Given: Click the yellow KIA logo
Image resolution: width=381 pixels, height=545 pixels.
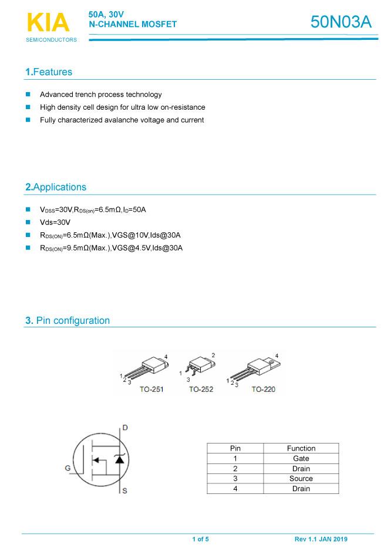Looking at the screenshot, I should coord(48,22).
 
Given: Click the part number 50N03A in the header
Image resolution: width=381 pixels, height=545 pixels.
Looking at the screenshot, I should coord(340,22).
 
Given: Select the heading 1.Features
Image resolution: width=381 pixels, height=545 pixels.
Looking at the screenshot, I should coord(49,72).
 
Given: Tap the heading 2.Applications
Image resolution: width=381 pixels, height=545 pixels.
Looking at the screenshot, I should coord(56,187).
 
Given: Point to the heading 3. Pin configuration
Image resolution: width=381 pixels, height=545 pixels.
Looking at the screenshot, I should coord(68,320).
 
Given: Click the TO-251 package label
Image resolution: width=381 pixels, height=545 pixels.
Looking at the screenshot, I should coord(151,389).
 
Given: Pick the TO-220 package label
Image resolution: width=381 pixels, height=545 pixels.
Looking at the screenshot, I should coord(263,389).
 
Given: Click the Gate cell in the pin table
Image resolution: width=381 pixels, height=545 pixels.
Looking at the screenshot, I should coord(301,458).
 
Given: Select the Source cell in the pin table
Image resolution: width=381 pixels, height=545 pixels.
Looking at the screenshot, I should coord(301,479).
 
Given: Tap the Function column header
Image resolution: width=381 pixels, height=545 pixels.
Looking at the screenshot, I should coord(301,448).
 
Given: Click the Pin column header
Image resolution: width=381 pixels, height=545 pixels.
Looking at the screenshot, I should coord(235,448).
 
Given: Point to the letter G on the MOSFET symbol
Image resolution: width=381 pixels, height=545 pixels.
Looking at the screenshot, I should coord(68,468).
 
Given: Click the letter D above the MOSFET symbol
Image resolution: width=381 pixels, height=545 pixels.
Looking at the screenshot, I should coord(125,427).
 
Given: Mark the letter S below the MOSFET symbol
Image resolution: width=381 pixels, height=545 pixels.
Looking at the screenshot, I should coord(124,490).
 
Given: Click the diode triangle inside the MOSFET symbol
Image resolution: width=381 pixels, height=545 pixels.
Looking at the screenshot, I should coord(120,459).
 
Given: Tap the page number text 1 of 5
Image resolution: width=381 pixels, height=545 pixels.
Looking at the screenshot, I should coord(200,539).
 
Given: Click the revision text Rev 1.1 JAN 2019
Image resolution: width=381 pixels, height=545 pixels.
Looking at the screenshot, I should coord(321,539).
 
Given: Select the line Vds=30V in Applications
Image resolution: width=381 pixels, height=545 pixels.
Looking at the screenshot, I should coord(55,222).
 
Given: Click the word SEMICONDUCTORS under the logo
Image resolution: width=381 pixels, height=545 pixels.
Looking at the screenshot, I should coord(51,40).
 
